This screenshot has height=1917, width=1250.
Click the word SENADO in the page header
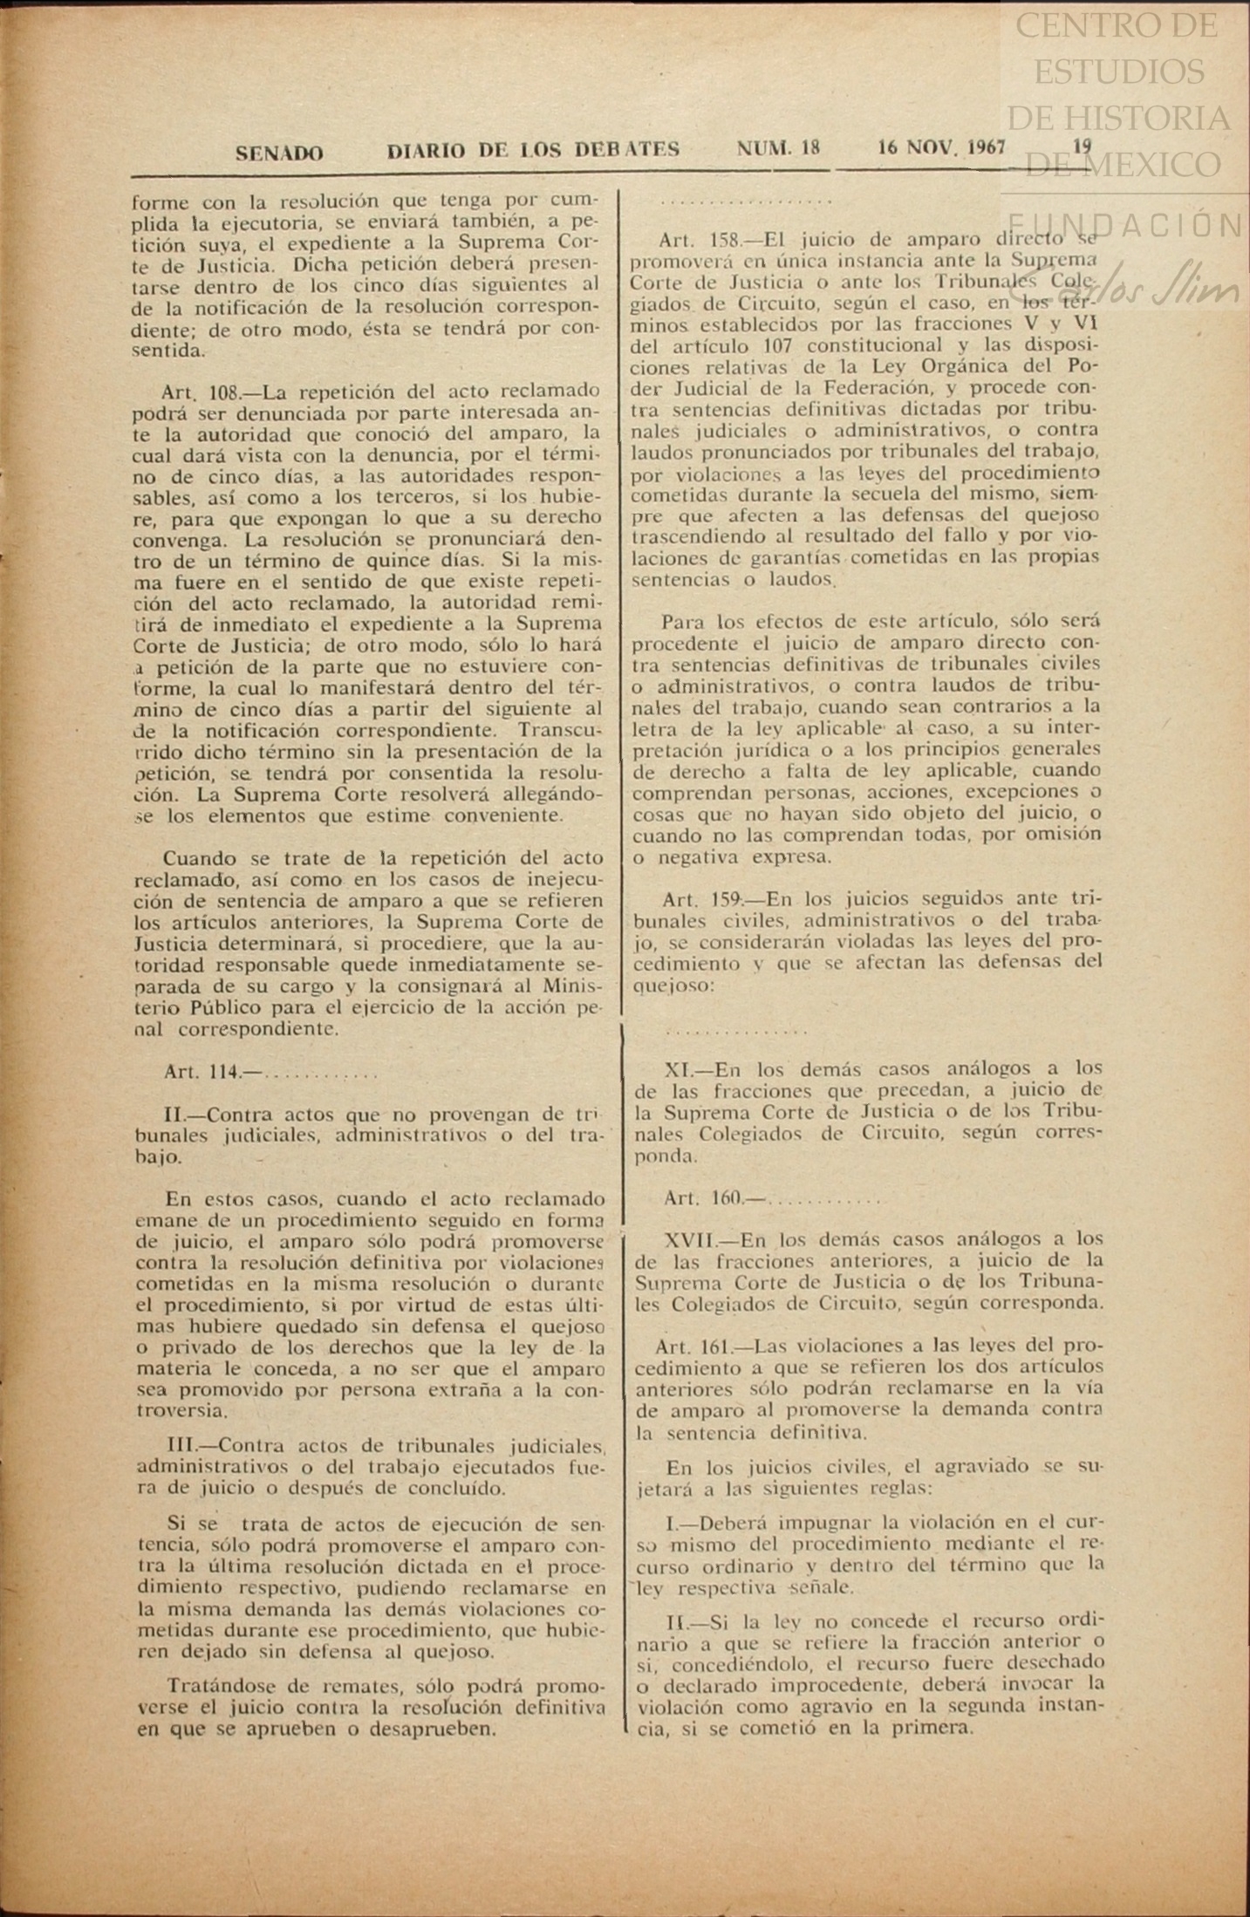(x=279, y=153)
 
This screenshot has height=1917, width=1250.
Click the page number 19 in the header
(x=1082, y=147)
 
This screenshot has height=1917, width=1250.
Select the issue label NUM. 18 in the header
(x=778, y=148)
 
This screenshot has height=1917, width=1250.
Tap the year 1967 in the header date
(x=985, y=147)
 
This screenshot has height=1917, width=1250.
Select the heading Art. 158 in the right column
(x=700, y=240)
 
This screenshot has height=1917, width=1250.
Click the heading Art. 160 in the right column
(x=703, y=1198)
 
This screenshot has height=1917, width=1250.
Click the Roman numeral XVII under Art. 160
(x=689, y=1239)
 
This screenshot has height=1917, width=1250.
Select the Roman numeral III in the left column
(x=184, y=1445)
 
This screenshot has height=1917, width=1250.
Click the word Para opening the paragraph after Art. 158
(x=682, y=623)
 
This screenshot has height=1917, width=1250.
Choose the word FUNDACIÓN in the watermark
(x=1125, y=225)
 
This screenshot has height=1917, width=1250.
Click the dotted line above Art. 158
(x=746, y=202)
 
